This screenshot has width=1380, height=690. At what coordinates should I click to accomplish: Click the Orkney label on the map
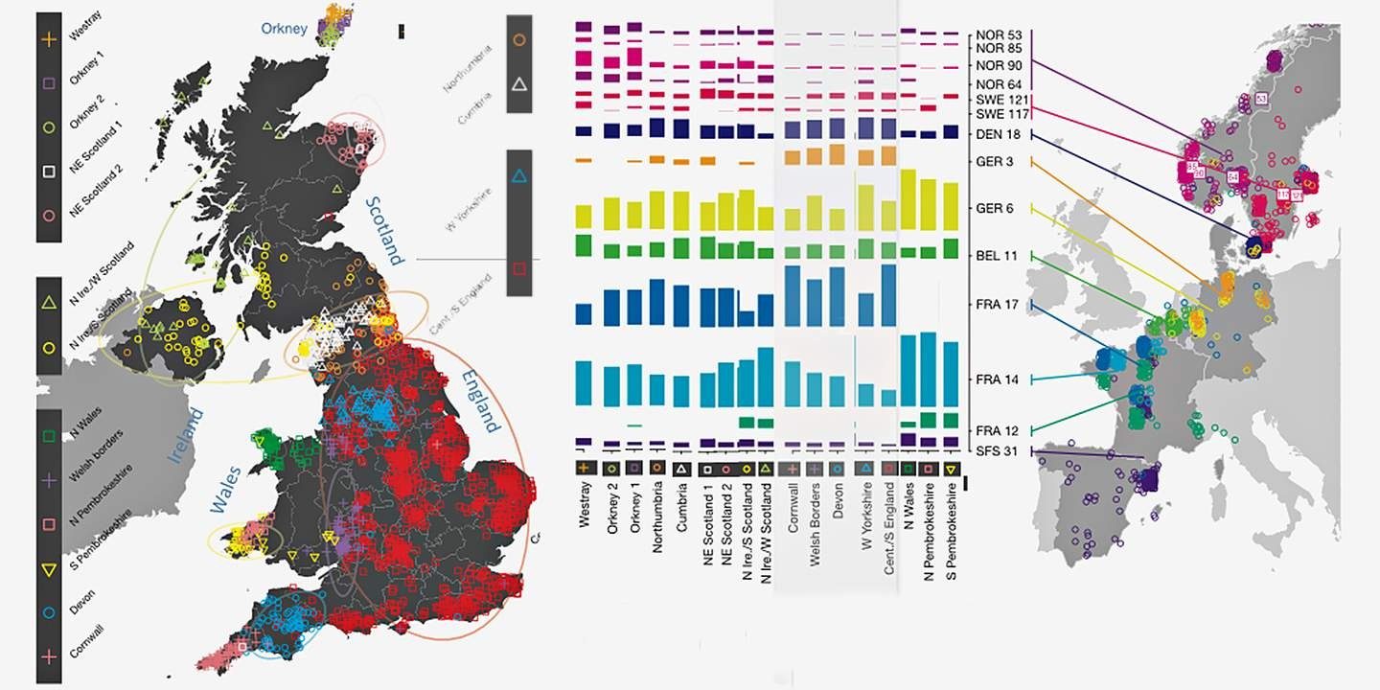coord(285,29)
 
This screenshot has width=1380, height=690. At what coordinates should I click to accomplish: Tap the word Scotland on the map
coord(383,230)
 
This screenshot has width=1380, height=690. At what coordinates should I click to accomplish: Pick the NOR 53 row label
coord(1000,34)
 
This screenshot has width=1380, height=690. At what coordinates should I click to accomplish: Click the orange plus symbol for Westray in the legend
coord(50,41)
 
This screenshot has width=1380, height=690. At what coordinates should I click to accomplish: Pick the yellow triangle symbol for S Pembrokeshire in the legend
coord(50,571)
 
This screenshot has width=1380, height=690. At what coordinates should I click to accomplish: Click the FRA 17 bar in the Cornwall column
coord(792,296)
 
